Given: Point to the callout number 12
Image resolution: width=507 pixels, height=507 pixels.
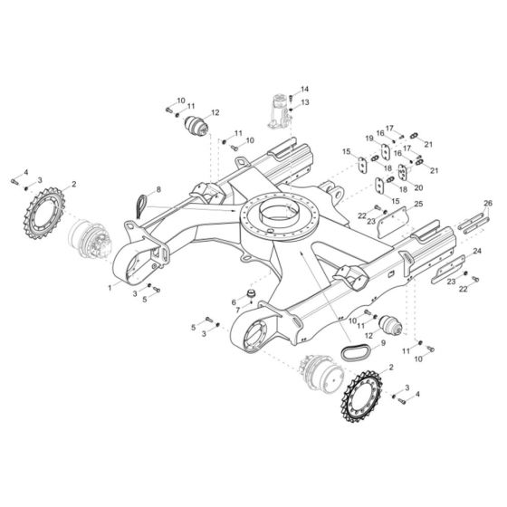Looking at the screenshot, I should pos(215,112).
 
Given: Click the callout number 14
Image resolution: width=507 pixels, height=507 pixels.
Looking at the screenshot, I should pos(304,89).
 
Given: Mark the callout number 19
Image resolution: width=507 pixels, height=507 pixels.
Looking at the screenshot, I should pos(369,138).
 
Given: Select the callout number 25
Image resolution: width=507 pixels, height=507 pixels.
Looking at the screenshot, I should pos(418,205).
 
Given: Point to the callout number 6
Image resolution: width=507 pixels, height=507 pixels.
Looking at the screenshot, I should pos(234,301).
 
